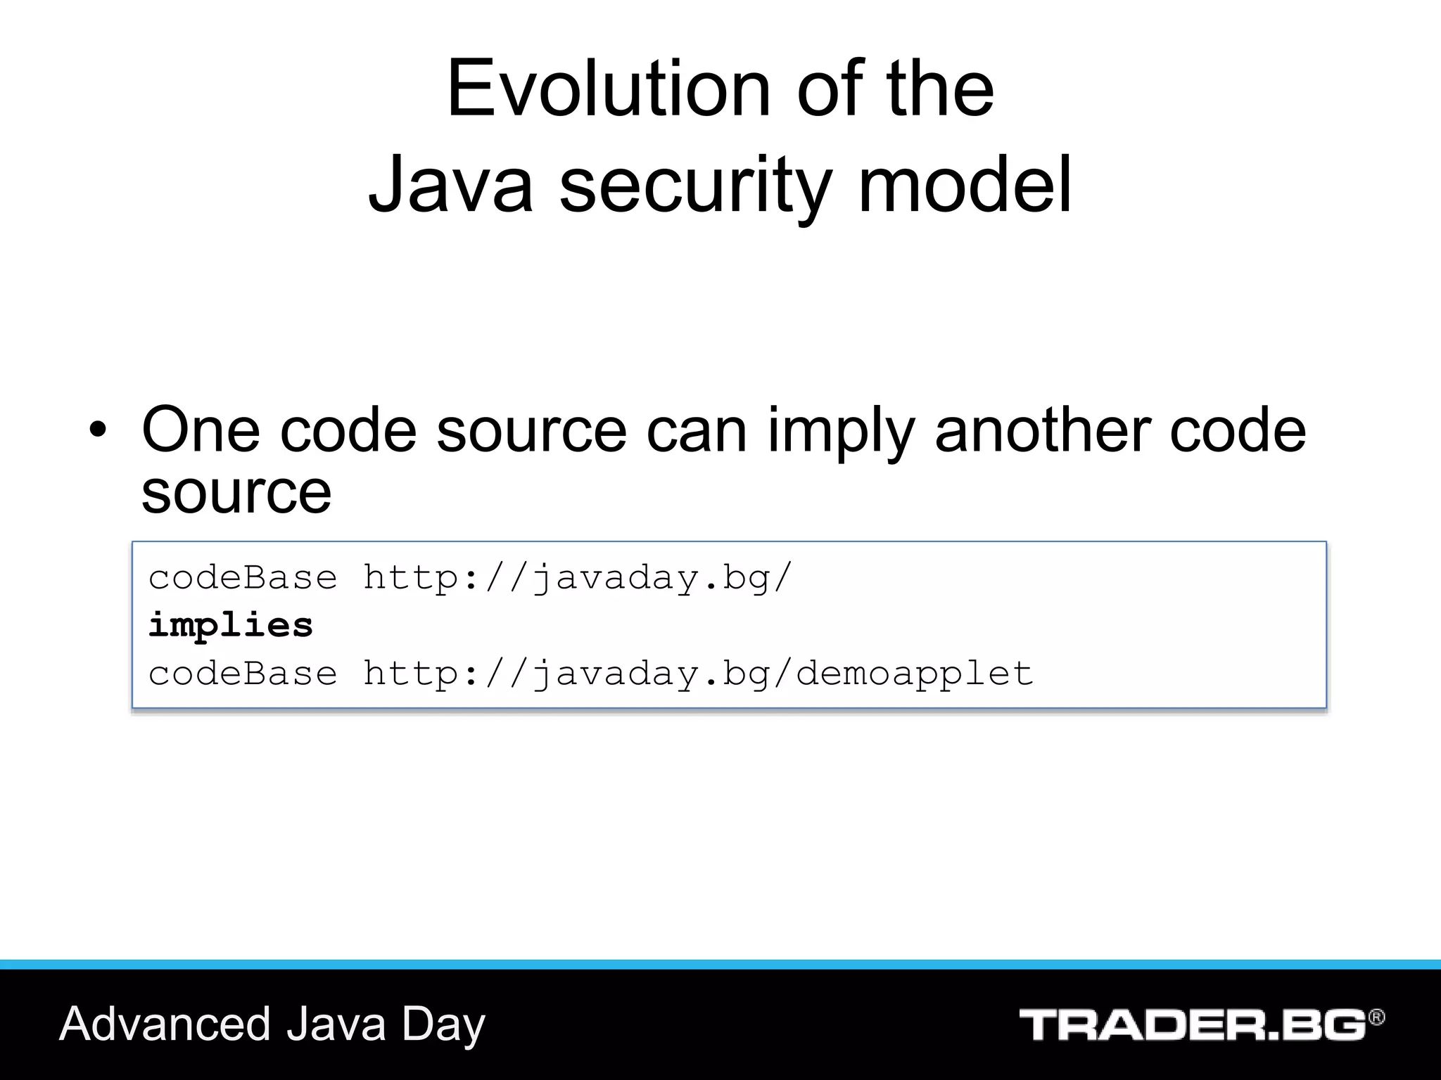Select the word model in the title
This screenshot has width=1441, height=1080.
pos(965,184)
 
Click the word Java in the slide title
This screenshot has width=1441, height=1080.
pos(450,184)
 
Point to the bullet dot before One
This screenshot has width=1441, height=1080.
pos(98,430)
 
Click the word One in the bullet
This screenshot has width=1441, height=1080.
pos(201,430)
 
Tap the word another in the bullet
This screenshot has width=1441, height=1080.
pos(1043,430)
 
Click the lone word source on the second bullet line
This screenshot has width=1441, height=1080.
pos(236,492)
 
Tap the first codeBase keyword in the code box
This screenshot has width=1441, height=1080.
pos(243,578)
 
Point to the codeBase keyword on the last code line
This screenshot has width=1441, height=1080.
pos(243,674)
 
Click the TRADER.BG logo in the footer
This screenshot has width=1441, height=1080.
pos(1193,1024)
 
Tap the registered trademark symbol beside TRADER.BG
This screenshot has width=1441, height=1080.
pos(1376,1017)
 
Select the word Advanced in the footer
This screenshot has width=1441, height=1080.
pos(165,1024)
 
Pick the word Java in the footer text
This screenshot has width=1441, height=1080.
pos(336,1024)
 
